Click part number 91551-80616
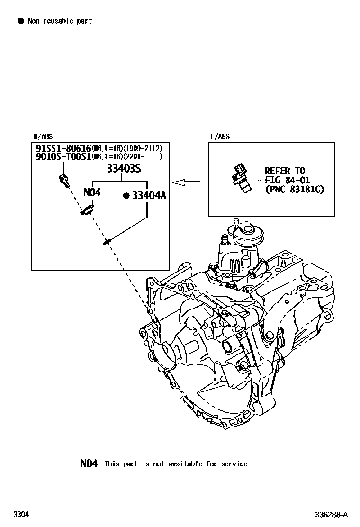(63, 148)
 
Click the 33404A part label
(149, 196)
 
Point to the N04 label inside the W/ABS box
(92, 192)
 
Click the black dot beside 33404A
(126, 196)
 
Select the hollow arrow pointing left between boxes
(186, 182)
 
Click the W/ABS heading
(43, 137)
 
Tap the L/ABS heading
(220, 137)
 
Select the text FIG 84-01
(287, 181)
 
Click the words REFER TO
(285, 171)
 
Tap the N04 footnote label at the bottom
(89, 463)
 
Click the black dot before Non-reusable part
(20, 21)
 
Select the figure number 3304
(21, 514)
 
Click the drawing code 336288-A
(332, 515)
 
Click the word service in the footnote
(234, 464)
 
